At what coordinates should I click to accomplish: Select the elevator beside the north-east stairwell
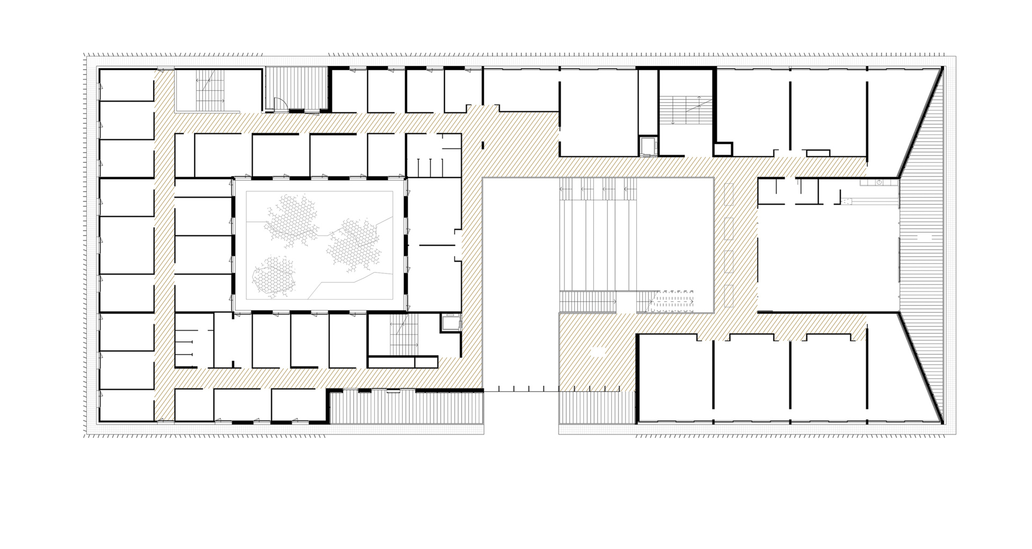point(647,146)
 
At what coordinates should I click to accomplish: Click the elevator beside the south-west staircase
point(449,323)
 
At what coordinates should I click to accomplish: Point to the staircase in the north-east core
point(686,110)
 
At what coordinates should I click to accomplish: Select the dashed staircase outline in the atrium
point(672,302)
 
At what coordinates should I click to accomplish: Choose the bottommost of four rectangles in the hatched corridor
point(729,296)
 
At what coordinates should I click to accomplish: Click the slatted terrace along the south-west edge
point(406,407)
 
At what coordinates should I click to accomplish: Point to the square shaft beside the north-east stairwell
point(723,148)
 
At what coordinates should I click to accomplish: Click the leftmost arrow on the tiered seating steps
point(563,189)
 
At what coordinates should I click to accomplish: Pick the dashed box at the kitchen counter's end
point(847,201)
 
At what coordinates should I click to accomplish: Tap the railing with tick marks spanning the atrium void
point(521,391)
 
